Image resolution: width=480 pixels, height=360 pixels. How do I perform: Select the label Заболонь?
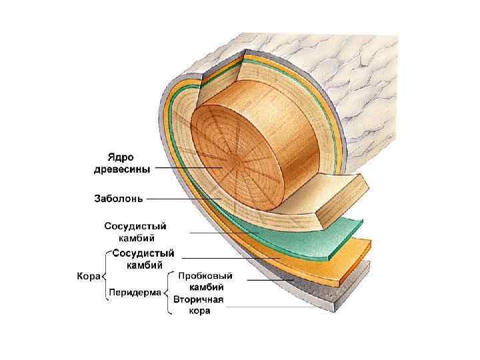117,198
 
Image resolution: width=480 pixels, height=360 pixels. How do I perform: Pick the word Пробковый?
199,275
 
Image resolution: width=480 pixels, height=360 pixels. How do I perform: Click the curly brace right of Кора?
105,274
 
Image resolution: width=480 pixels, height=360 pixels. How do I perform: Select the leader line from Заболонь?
183,199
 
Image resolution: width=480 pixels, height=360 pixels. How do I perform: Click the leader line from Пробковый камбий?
267,281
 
